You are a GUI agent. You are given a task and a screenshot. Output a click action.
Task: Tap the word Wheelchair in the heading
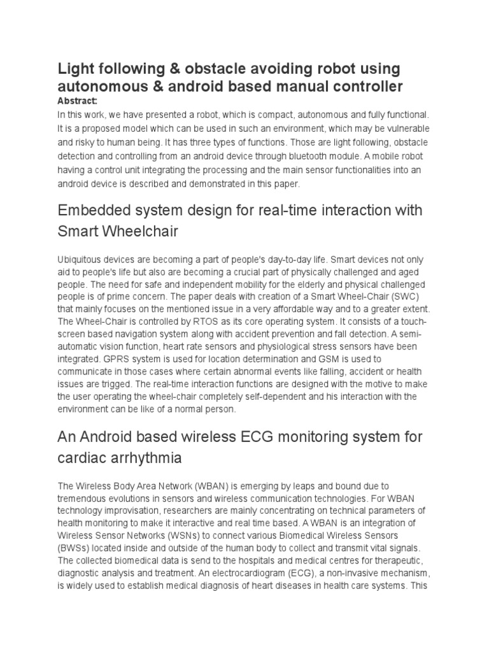[x=139, y=232]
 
